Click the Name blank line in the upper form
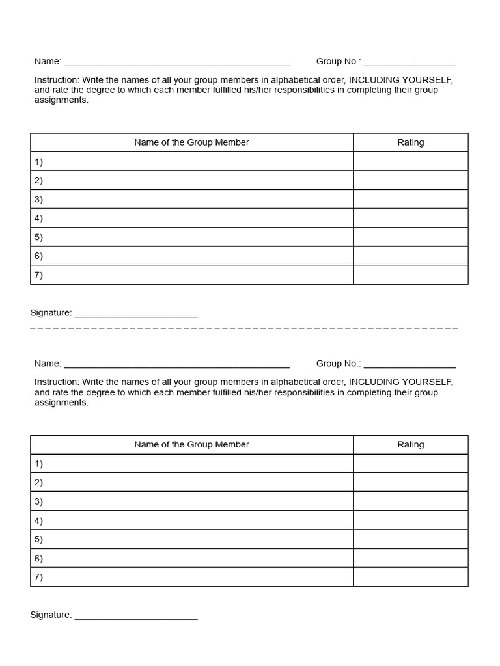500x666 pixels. [x=176, y=63]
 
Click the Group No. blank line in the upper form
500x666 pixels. [x=410, y=63]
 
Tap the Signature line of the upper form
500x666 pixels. [x=136, y=315]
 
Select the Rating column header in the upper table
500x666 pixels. [x=410, y=142]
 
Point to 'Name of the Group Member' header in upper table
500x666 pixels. [x=191, y=142]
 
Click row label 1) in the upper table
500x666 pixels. [x=38, y=162]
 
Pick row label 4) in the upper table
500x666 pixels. [x=38, y=219]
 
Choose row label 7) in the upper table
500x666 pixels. [x=38, y=275]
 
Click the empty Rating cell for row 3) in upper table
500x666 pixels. [x=410, y=199]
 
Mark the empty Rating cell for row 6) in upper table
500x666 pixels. [x=410, y=256]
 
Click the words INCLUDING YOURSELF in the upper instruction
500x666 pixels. [x=400, y=80]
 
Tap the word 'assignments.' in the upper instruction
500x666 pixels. [x=61, y=100]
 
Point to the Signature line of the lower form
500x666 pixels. [x=136, y=617]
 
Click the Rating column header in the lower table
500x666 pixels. [x=410, y=445]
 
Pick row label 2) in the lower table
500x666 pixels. [x=38, y=483]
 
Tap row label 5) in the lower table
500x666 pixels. [x=38, y=539]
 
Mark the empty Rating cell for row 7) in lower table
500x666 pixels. [x=410, y=577]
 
